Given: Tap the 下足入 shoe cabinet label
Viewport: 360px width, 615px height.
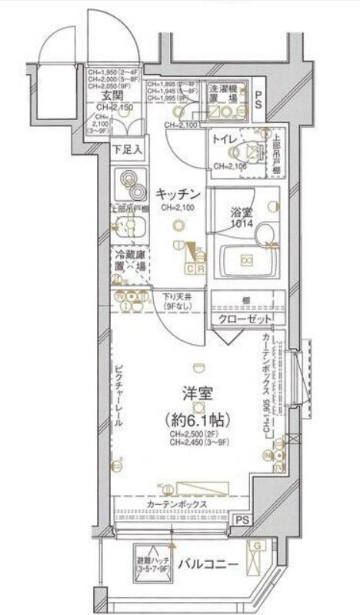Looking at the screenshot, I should [127, 149].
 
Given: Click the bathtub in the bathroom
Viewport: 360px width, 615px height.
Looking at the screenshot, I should [247, 261].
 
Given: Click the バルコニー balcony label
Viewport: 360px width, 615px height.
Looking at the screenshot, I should [208, 565].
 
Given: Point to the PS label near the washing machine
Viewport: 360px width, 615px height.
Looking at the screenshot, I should [259, 99].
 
